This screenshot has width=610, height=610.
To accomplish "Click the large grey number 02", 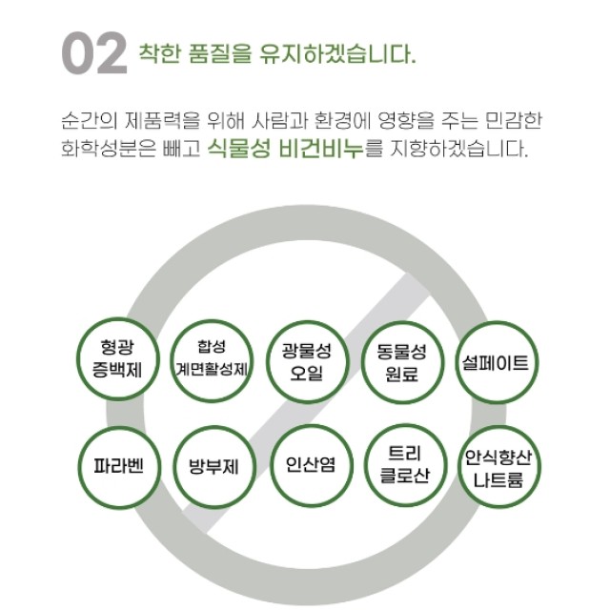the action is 94,53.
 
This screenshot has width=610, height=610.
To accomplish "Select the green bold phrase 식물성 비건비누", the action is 286,149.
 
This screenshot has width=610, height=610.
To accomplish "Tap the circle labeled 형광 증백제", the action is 118,358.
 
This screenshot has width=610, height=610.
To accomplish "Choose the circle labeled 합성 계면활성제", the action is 212,360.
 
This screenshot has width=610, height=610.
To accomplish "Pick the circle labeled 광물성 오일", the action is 307,362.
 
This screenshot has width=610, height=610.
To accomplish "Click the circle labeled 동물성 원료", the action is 402,362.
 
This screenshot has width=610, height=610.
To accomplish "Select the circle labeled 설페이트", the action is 497,362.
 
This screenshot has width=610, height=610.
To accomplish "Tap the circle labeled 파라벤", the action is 119,466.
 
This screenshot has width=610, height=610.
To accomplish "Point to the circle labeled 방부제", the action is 213,466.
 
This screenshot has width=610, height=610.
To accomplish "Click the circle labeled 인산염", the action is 311,465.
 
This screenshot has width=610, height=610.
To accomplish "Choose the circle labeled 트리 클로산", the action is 405,465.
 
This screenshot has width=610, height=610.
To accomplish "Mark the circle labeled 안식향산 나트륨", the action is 499,467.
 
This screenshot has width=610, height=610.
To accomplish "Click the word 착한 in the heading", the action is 160,53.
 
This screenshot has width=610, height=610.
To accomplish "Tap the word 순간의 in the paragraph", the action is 90,120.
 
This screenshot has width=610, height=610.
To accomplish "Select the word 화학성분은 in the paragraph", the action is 109,149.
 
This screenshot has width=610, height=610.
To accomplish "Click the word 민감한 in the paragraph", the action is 514,120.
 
